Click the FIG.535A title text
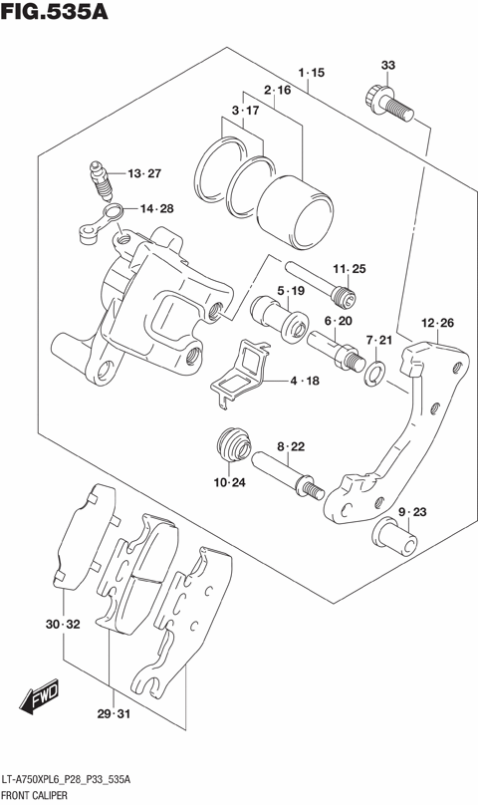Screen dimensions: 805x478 tap(55, 13)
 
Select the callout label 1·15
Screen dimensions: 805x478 tap(312, 73)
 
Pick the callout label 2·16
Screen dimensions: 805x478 tap(278, 91)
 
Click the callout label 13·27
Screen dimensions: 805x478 tap(143, 174)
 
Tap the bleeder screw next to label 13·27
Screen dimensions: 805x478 tap(101, 180)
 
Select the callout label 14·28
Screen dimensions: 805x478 tap(156, 208)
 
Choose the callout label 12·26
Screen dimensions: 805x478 tap(437, 323)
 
